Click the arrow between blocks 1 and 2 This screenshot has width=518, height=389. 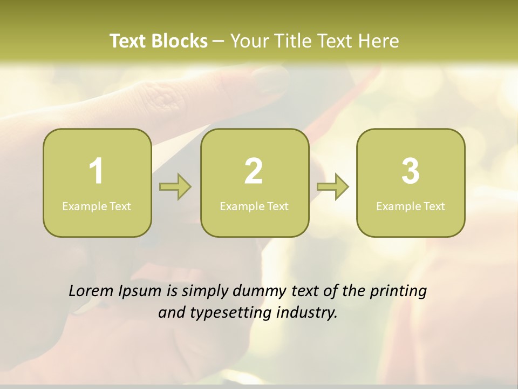tap(175, 187)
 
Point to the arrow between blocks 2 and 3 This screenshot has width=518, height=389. tap(333, 187)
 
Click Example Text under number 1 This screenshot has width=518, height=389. tap(97, 206)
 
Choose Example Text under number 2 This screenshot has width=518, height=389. tap(254, 206)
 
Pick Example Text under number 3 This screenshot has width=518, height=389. tap(411, 206)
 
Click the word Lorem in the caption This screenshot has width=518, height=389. tap(91, 291)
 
